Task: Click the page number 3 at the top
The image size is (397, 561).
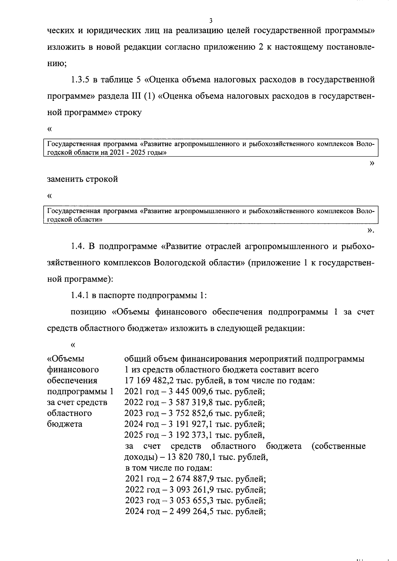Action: tap(211, 21)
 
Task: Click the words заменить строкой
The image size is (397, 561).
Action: tap(82, 180)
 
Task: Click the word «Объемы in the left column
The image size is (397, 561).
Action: tap(66, 359)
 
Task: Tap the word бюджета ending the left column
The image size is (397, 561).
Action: tap(65, 424)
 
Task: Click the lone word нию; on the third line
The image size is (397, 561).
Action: tap(57, 63)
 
